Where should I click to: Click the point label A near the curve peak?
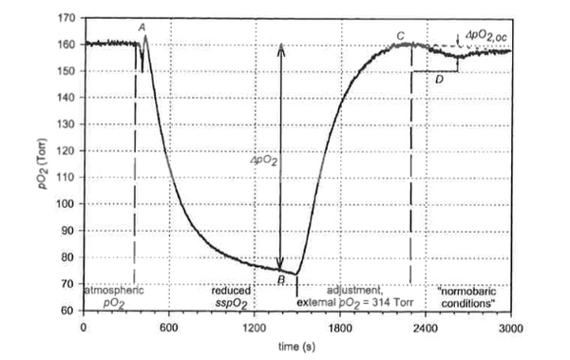142,28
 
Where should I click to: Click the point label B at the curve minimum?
281,278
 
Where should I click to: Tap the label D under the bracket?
439,79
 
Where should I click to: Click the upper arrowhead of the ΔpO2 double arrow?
281,47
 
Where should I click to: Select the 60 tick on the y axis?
68,311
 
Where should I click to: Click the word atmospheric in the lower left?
114,290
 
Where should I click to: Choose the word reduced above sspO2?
232,290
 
